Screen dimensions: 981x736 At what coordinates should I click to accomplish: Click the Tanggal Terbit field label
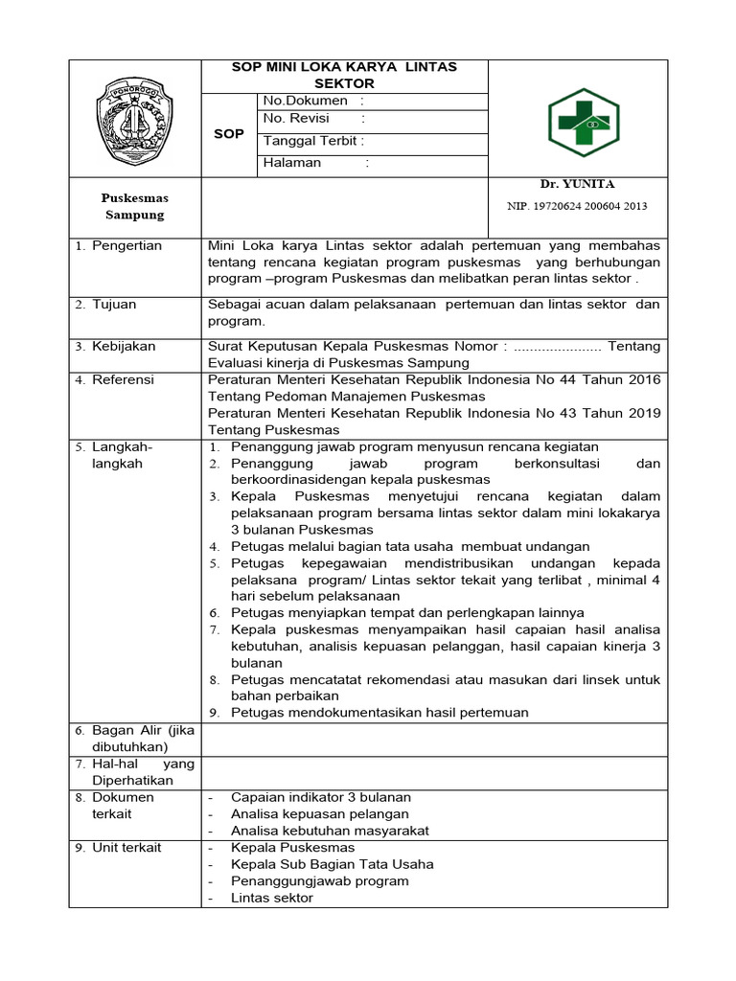314,141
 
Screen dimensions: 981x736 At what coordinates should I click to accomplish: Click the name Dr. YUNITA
577,184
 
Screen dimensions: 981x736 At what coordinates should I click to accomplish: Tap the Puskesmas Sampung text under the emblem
134,206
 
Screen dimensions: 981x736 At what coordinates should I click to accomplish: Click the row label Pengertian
126,246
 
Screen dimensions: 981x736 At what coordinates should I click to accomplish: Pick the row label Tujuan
114,305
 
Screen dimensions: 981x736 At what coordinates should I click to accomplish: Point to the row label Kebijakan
124,346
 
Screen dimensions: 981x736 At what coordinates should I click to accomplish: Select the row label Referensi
123,380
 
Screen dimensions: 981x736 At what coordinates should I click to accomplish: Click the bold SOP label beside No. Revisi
228,133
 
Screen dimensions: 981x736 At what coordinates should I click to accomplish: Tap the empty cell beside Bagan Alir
435,739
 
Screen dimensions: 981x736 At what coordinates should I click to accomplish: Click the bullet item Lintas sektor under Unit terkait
271,898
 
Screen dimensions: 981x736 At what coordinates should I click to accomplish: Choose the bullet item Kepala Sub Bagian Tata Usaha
332,864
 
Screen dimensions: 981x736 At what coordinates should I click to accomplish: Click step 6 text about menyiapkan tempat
407,612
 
